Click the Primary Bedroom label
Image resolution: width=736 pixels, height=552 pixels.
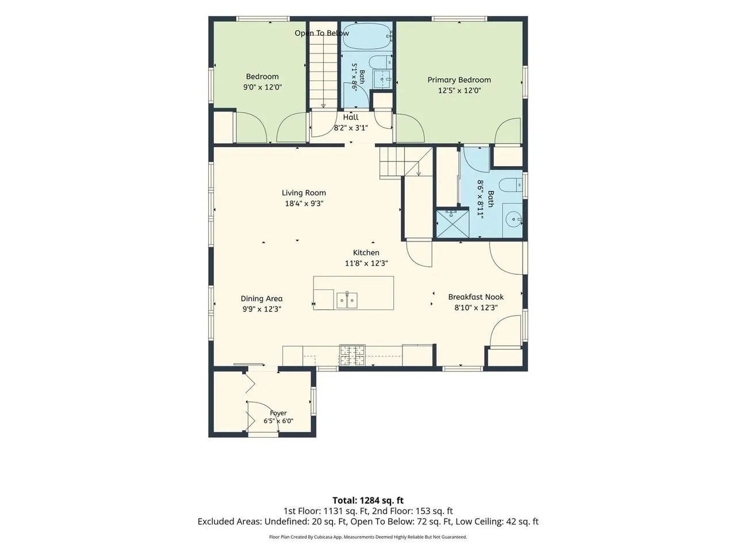[x=459, y=80]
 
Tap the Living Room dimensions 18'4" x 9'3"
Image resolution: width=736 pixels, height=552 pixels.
[x=304, y=204]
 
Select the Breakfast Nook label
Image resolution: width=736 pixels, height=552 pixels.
[x=476, y=297]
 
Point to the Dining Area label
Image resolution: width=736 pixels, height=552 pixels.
[x=262, y=298]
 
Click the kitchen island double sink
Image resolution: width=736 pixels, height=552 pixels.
[x=347, y=300]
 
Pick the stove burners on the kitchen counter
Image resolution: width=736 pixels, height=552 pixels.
[x=352, y=355]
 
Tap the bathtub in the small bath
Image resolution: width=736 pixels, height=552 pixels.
[x=367, y=36]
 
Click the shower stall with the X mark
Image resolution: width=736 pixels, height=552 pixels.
[x=453, y=223]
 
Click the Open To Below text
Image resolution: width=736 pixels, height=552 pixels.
[x=321, y=33]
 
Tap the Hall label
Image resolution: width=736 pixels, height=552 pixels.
[x=351, y=117]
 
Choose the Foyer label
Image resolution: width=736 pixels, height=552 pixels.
[x=278, y=413]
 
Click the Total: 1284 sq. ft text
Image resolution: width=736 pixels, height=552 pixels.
[x=368, y=501]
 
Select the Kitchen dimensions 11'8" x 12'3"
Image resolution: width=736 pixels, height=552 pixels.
[x=366, y=263]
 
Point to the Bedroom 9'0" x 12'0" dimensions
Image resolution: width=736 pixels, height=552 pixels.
[x=263, y=87]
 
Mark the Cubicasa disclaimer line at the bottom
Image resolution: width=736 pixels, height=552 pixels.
[x=368, y=537]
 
